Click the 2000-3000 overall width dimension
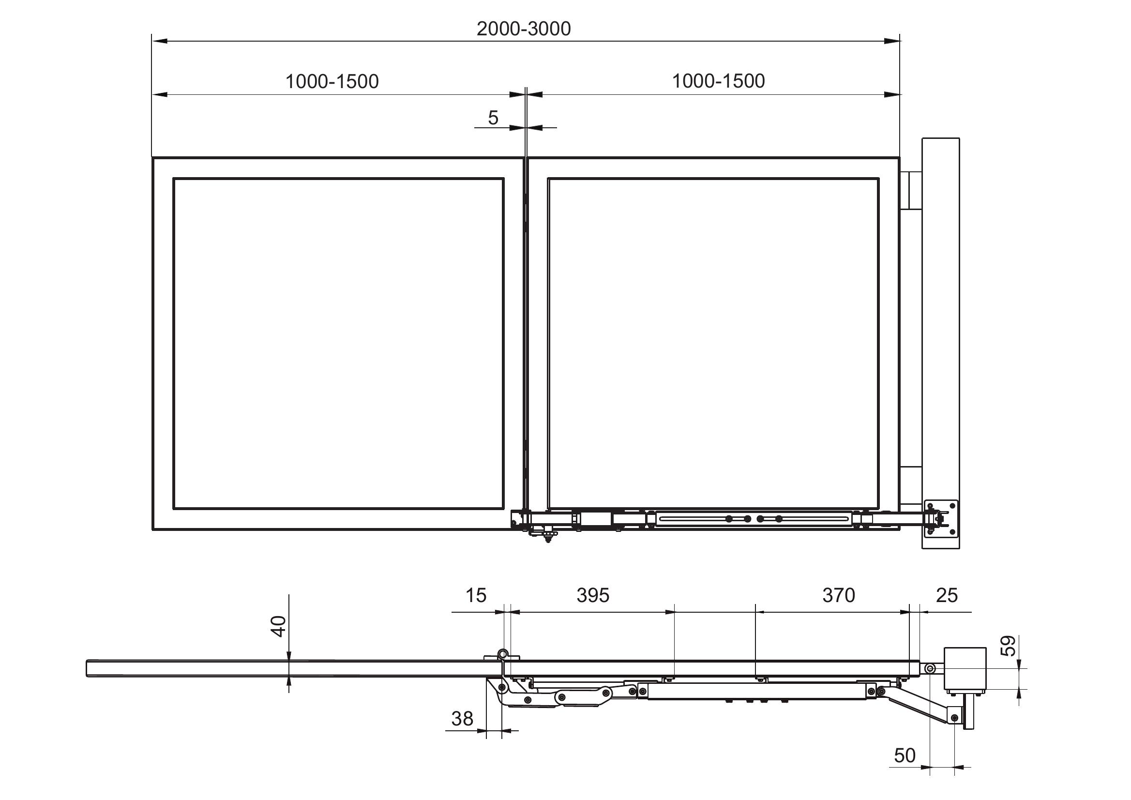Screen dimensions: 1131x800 click(x=524, y=29)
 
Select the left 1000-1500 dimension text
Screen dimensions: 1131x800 click(x=332, y=81)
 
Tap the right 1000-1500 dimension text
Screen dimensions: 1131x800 click(x=718, y=81)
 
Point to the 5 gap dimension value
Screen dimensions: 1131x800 click(x=493, y=118)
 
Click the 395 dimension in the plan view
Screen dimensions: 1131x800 click(x=593, y=596)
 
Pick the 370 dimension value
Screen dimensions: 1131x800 click(x=839, y=596)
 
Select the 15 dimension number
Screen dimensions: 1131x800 click(x=476, y=596)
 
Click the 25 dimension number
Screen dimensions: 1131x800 click(x=947, y=596)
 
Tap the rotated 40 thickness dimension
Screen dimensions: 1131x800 click(x=279, y=626)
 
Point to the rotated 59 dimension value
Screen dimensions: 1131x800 click(x=1009, y=646)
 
